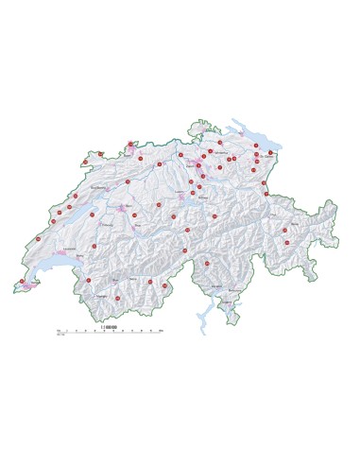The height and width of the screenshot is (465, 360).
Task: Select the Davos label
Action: coord(295,223)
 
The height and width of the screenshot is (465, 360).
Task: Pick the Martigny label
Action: coord(101,296)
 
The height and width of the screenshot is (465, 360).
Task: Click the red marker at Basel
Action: coord(130,145)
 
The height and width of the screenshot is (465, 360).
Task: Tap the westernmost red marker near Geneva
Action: coord(22,281)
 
